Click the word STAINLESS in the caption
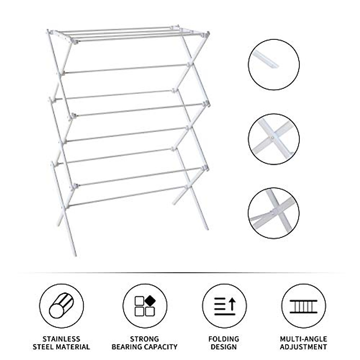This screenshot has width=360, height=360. tap(61, 339)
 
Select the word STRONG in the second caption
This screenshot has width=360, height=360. tap(144, 339)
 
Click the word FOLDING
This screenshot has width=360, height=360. tap(224, 339)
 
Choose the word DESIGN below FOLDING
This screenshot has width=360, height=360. tap(224, 347)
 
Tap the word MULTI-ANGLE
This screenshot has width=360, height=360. tap(303, 339)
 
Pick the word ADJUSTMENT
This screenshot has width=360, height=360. tap(303, 347)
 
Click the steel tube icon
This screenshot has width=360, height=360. tap(61, 306)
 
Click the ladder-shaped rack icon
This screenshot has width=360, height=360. tap(303, 306)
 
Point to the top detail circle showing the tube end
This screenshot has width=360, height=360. tap(274, 64)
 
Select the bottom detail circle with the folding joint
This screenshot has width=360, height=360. tap(274, 213)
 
